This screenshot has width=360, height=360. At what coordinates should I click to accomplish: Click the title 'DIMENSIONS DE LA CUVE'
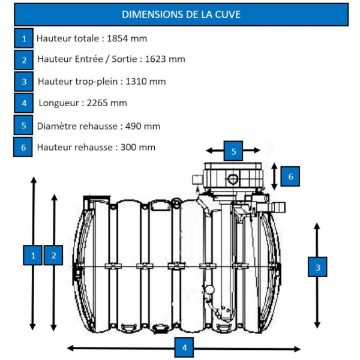[181, 14]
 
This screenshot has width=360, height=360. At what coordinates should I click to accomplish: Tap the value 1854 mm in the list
[127, 38]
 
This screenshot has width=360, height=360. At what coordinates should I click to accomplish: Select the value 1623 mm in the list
[165, 59]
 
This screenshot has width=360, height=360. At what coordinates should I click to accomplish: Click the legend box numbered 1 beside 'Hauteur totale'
[24, 39]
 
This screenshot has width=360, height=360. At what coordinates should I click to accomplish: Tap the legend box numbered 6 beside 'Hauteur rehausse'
[23, 147]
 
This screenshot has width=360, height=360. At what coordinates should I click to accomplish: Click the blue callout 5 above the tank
[233, 150]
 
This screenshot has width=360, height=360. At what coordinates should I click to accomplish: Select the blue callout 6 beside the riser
[290, 176]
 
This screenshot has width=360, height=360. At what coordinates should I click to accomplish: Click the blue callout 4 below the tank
[184, 347]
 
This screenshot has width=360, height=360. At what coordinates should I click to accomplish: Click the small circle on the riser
[233, 178]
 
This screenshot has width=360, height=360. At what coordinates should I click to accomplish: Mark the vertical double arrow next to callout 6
[275, 176]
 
